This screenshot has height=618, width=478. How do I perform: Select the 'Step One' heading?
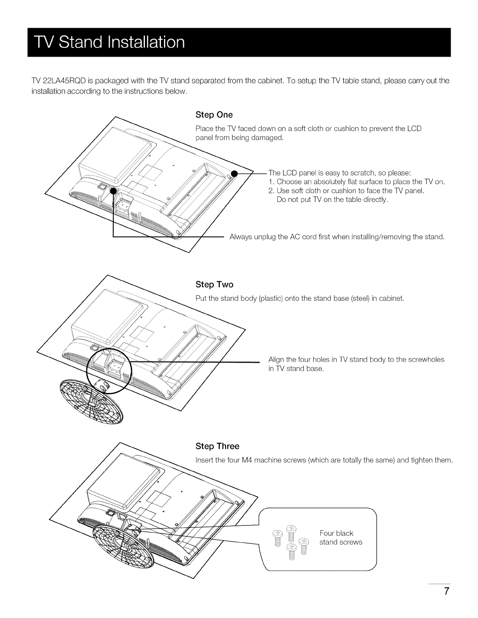214,115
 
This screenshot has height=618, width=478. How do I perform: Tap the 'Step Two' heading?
214,284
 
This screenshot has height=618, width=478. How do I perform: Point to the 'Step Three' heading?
217,446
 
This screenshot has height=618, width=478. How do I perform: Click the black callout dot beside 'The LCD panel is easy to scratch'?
234,173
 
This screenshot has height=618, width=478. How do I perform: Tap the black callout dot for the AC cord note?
113,191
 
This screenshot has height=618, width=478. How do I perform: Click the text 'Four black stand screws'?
341,538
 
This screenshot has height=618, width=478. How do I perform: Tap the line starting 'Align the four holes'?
356,359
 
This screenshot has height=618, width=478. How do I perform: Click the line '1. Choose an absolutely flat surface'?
357,182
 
